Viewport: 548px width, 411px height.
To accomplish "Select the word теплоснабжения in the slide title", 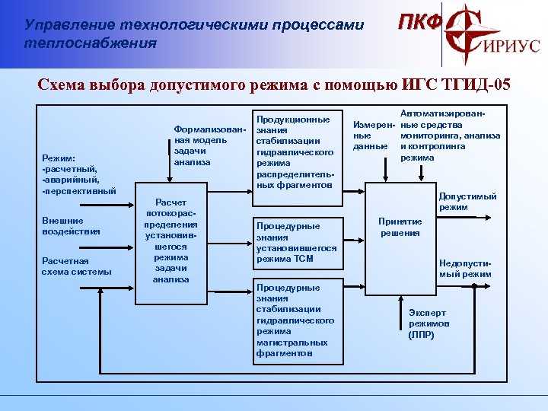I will coord(91,43).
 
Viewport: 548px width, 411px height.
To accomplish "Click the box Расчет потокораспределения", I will coord(165,241).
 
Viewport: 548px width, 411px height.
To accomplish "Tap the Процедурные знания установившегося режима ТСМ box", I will coord(295,243).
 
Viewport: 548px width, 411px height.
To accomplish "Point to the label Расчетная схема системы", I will coord(76,266).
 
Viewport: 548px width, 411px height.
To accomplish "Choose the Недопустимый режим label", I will coord(466,269).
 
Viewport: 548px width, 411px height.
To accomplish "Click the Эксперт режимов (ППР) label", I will coord(429,323).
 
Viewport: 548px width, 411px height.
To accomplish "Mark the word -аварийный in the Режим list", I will coord(70,180).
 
